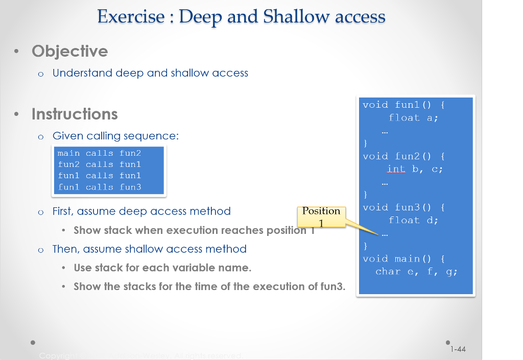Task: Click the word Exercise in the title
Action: click(x=131, y=17)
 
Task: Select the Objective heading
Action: click(x=69, y=51)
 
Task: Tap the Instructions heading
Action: click(x=75, y=114)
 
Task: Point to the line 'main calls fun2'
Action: click(x=99, y=153)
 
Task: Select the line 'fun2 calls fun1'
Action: click(x=99, y=164)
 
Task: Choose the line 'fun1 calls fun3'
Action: click(x=99, y=187)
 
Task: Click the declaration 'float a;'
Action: click(x=413, y=117)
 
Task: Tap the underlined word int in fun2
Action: click(x=396, y=169)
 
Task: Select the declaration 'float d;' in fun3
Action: click(x=413, y=220)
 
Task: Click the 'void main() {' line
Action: click(x=403, y=258)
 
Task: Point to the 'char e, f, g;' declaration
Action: click(x=416, y=272)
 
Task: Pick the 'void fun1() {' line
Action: click(x=403, y=105)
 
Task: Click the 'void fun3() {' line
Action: click(x=403, y=207)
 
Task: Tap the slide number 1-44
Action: click(x=458, y=349)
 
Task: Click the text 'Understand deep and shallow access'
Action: click(x=150, y=73)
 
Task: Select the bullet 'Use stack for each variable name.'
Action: click(x=162, y=268)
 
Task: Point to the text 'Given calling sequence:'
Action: click(x=115, y=136)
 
